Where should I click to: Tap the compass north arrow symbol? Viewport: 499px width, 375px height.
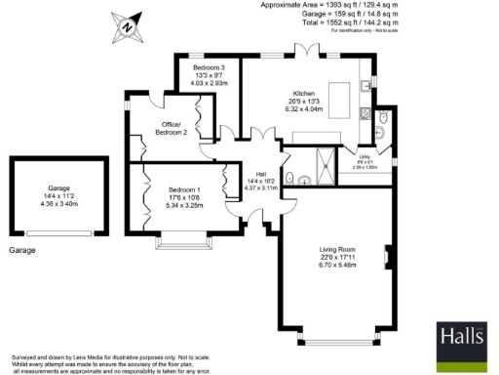(127, 27)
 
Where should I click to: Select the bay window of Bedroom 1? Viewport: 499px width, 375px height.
(180, 237)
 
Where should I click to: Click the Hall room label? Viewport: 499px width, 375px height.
(261, 174)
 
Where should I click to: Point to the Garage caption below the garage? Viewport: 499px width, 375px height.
(22, 251)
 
